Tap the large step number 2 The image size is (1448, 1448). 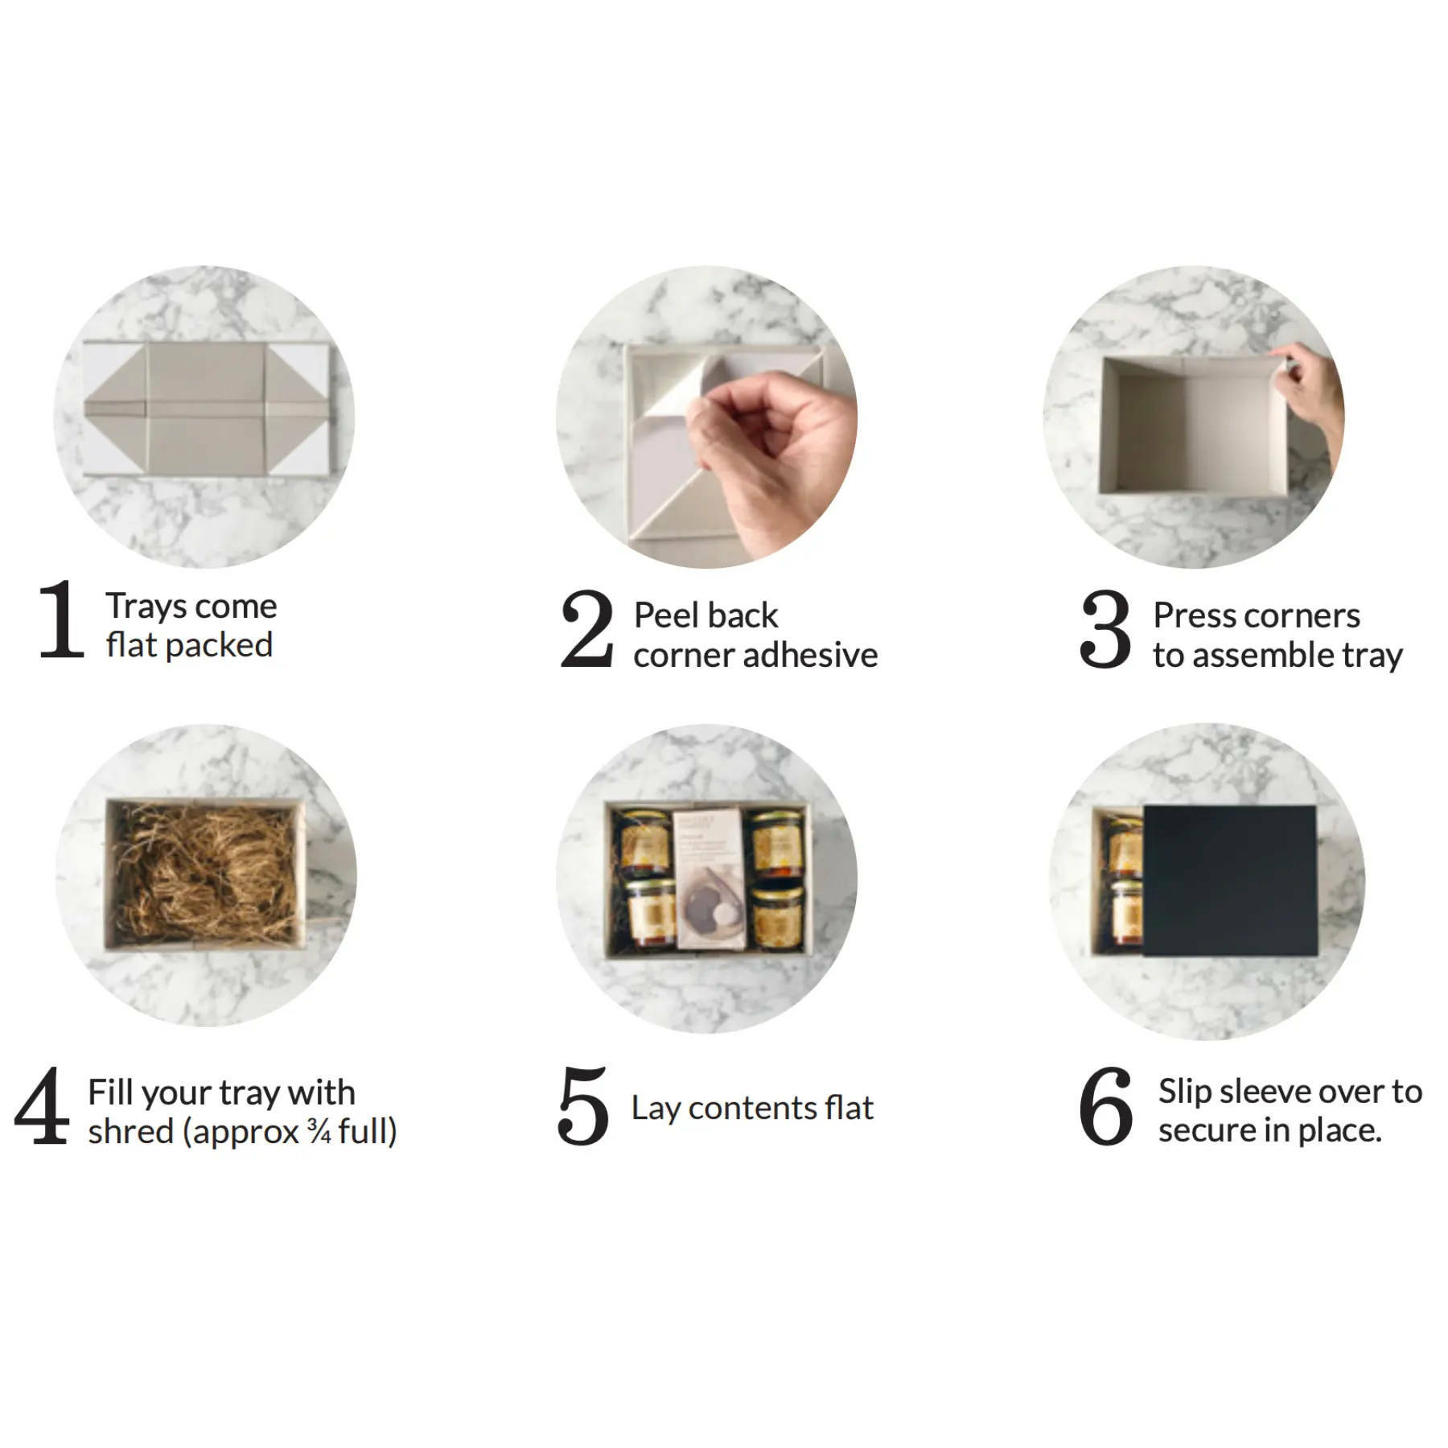[x=586, y=628]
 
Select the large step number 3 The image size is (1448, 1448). [x=1105, y=629]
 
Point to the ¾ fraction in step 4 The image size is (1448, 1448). [x=319, y=1132]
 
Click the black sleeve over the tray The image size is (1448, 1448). [x=1230, y=881]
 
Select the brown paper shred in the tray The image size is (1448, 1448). [x=205, y=874]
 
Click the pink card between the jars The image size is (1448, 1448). [x=708, y=878]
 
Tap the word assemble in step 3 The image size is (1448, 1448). [x=1268, y=656]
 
